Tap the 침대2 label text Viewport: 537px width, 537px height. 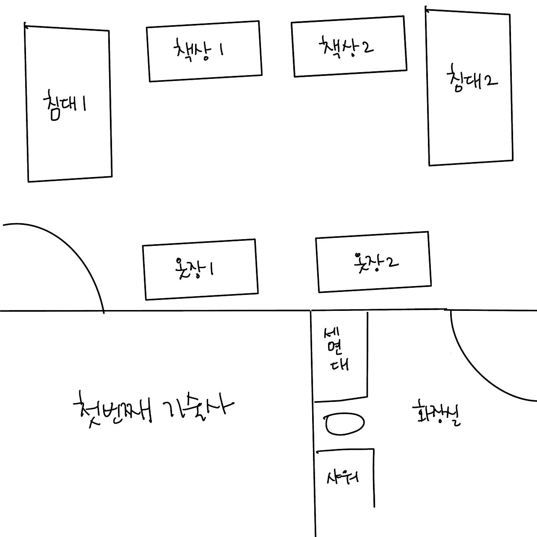pyautogui.click(x=472, y=79)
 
